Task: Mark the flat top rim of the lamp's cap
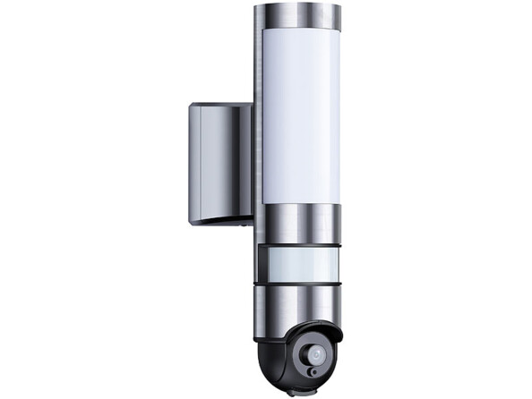coord(298,6)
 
